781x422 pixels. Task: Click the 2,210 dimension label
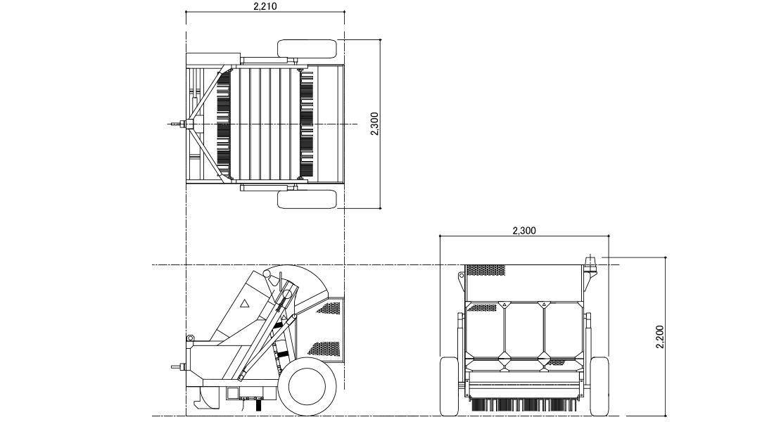[265, 6]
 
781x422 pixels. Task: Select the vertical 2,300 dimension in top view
[375, 123]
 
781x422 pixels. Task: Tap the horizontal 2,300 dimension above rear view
[524, 231]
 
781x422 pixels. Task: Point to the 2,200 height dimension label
[661, 336]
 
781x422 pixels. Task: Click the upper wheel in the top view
[307, 49]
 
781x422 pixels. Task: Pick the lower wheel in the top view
[307, 199]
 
